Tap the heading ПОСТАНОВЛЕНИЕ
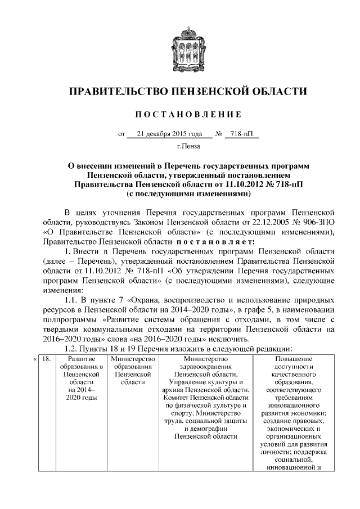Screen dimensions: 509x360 pyautogui.click(x=180, y=114)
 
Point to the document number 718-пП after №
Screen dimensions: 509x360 pyautogui.click(x=243, y=134)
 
